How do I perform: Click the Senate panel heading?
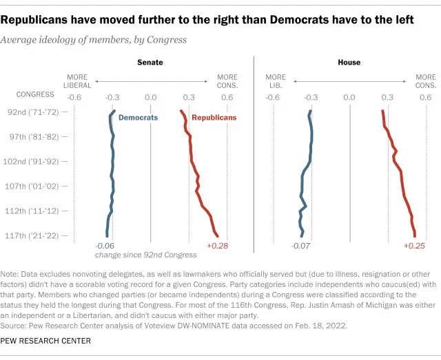[x=150, y=63]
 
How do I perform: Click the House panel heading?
[x=349, y=63]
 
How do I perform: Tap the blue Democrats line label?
[x=138, y=118]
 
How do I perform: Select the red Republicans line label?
[x=214, y=118]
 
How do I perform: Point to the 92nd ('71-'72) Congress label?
[x=33, y=112]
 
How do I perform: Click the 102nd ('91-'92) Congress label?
[x=31, y=162]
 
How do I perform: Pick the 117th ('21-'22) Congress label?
[x=32, y=235]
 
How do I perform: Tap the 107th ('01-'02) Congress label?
[x=32, y=187]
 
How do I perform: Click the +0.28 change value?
[x=218, y=246]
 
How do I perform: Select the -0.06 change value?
[x=105, y=246]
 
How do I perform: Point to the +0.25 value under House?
[x=414, y=246]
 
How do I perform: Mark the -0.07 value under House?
[x=300, y=246]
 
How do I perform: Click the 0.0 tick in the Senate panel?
[x=151, y=98]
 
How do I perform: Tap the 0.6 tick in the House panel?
[x=426, y=98]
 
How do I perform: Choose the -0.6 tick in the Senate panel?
[x=74, y=98]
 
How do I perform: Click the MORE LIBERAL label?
[x=77, y=81]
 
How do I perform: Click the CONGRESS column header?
[x=35, y=94]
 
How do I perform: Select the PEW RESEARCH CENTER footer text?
[x=45, y=341]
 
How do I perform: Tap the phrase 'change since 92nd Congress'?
[x=145, y=255]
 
